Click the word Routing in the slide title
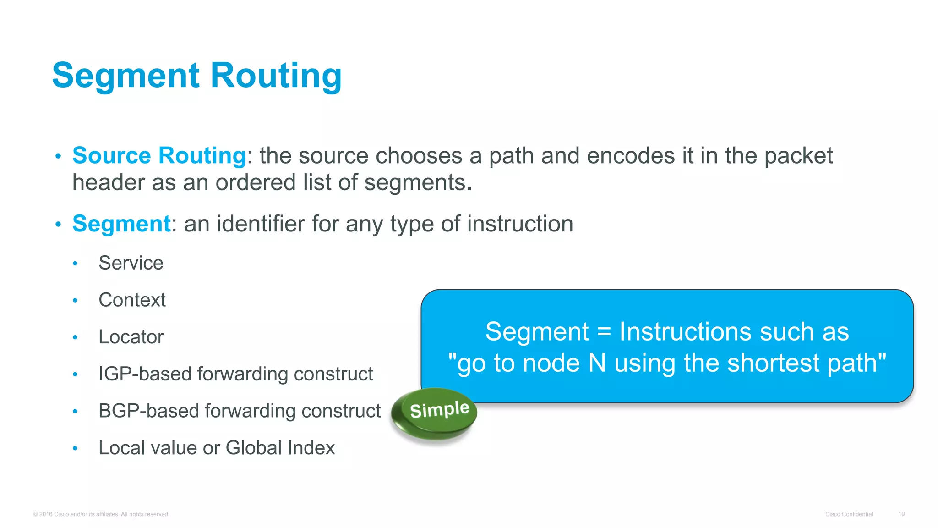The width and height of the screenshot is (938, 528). point(276,76)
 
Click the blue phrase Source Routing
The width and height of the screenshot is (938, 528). point(159,155)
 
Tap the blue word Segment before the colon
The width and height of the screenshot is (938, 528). point(121,224)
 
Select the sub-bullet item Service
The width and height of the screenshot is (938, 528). point(131,263)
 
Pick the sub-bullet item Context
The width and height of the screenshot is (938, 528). point(132,300)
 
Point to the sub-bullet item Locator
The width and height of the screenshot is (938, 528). point(131,337)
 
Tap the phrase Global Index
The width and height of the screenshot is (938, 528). point(280,448)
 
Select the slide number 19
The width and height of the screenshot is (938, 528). point(901,514)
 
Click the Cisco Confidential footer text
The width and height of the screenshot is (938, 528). point(849,514)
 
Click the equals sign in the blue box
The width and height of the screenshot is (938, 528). point(604,332)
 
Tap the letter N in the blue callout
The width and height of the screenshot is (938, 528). point(597,363)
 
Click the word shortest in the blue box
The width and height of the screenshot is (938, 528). point(773,363)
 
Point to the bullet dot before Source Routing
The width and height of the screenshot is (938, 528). point(58,157)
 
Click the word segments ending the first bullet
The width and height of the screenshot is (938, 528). point(414,182)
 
